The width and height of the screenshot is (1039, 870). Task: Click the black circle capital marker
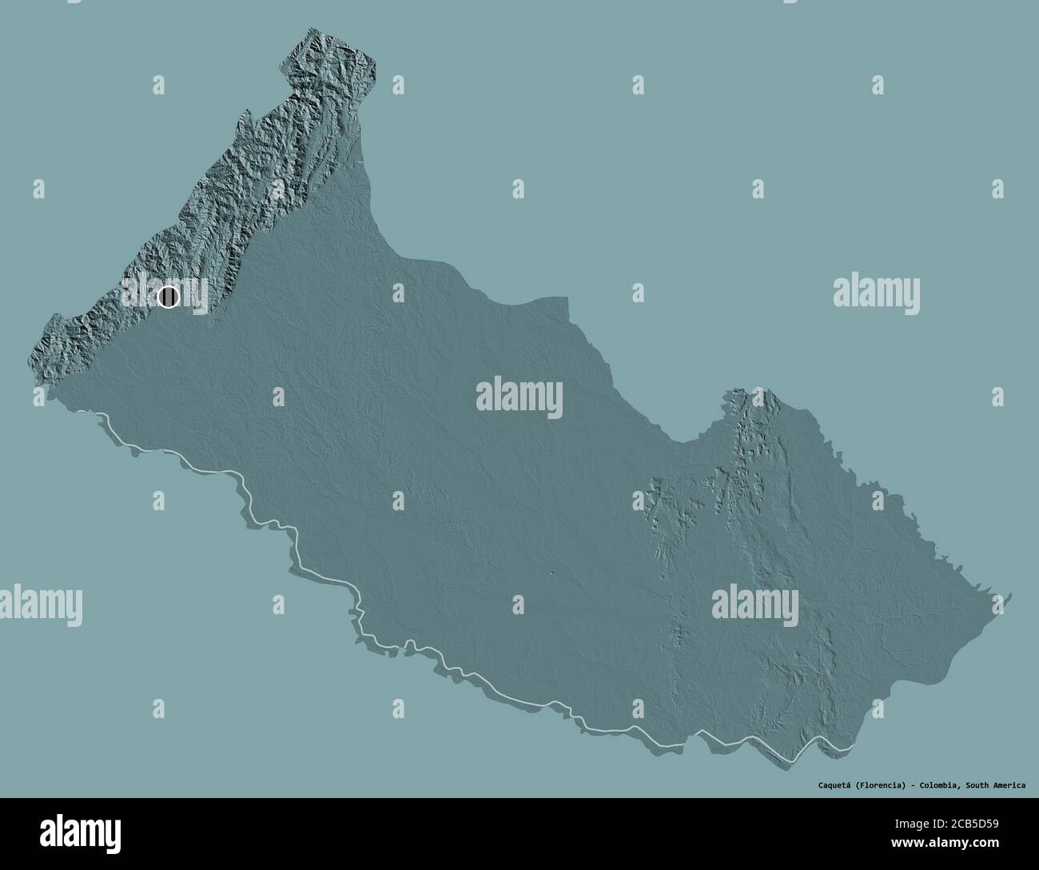[x=168, y=297]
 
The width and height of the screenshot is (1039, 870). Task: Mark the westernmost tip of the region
[x=32, y=360]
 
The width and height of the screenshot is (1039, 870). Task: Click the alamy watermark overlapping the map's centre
[x=519, y=397]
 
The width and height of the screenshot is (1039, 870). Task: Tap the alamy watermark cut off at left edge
[x=40, y=605]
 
